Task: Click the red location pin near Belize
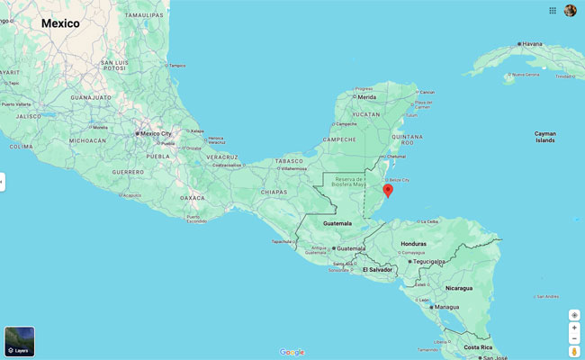click(x=388, y=190)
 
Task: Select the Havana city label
click(x=533, y=43)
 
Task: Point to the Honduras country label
click(x=413, y=244)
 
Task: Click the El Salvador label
click(x=377, y=269)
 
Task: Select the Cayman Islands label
click(x=544, y=137)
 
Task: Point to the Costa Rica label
click(x=478, y=346)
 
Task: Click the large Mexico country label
click(x=60, y=23)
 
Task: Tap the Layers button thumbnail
click(x=20, y=341)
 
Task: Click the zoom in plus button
click(x=574, y=328)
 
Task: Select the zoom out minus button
click(x=574, y=339)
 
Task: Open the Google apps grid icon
click(x=553, y=10)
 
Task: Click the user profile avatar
click(x=571, y=10)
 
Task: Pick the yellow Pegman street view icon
click(x=574, y=352)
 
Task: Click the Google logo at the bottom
click(x=292, y=352)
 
